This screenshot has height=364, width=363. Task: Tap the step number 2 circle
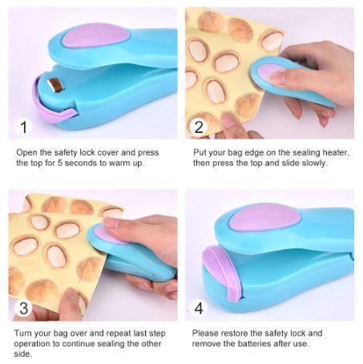point(199,127)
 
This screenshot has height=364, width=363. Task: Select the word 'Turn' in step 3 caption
point(25,333)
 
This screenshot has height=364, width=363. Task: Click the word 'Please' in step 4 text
point(208,333)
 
